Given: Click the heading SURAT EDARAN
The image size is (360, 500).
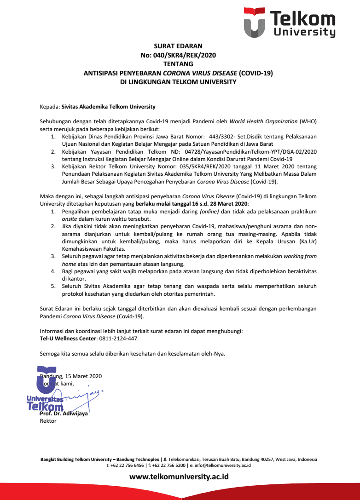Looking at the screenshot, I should tap(178, 46).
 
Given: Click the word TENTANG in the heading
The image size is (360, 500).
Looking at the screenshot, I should tap(178, 64).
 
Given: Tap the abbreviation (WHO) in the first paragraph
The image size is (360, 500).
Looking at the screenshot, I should tap(308, 121).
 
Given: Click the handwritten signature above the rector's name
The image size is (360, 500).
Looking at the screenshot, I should tap(83, 397).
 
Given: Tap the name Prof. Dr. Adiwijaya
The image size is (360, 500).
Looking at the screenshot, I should tap(64, 413).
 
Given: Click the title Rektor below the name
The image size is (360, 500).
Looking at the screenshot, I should tap(48, 420).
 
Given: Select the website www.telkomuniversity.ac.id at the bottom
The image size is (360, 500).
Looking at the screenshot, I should tap(179, 477).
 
